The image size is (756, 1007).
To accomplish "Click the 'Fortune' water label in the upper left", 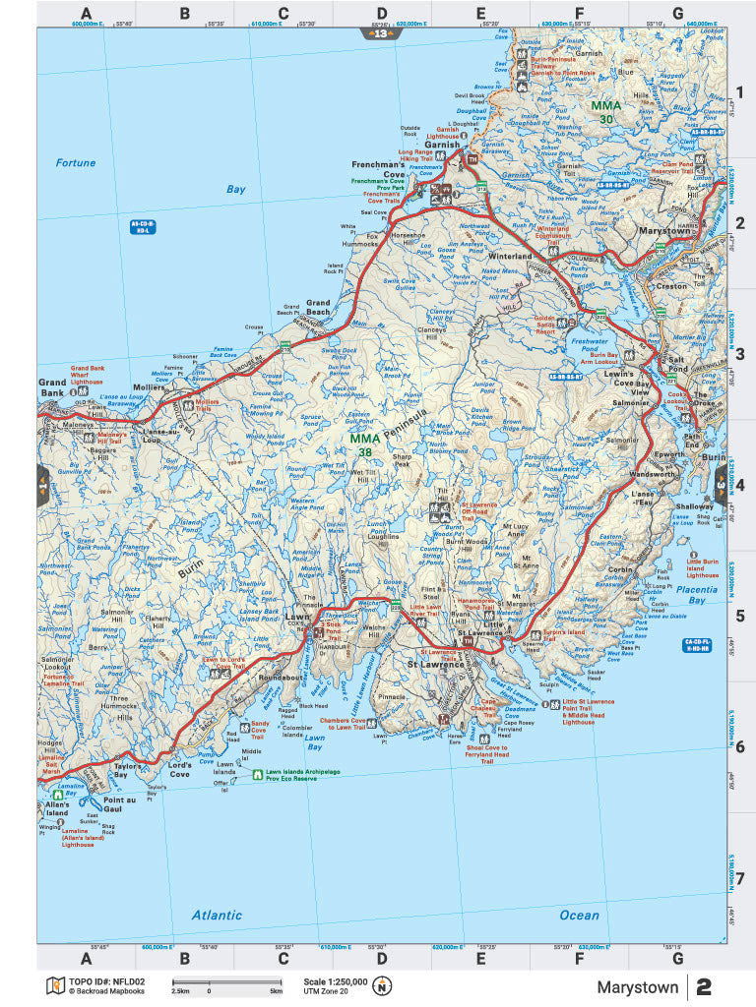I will [76, 163].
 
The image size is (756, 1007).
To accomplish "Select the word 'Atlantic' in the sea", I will [217, 916].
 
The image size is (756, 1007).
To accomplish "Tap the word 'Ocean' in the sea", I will [579, 916].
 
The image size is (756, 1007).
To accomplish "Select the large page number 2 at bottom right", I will [704, 987].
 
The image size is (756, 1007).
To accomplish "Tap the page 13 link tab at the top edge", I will [381, 33].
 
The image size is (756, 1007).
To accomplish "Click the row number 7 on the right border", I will [740, 878].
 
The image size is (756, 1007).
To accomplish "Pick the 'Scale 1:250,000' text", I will [335, 981].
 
